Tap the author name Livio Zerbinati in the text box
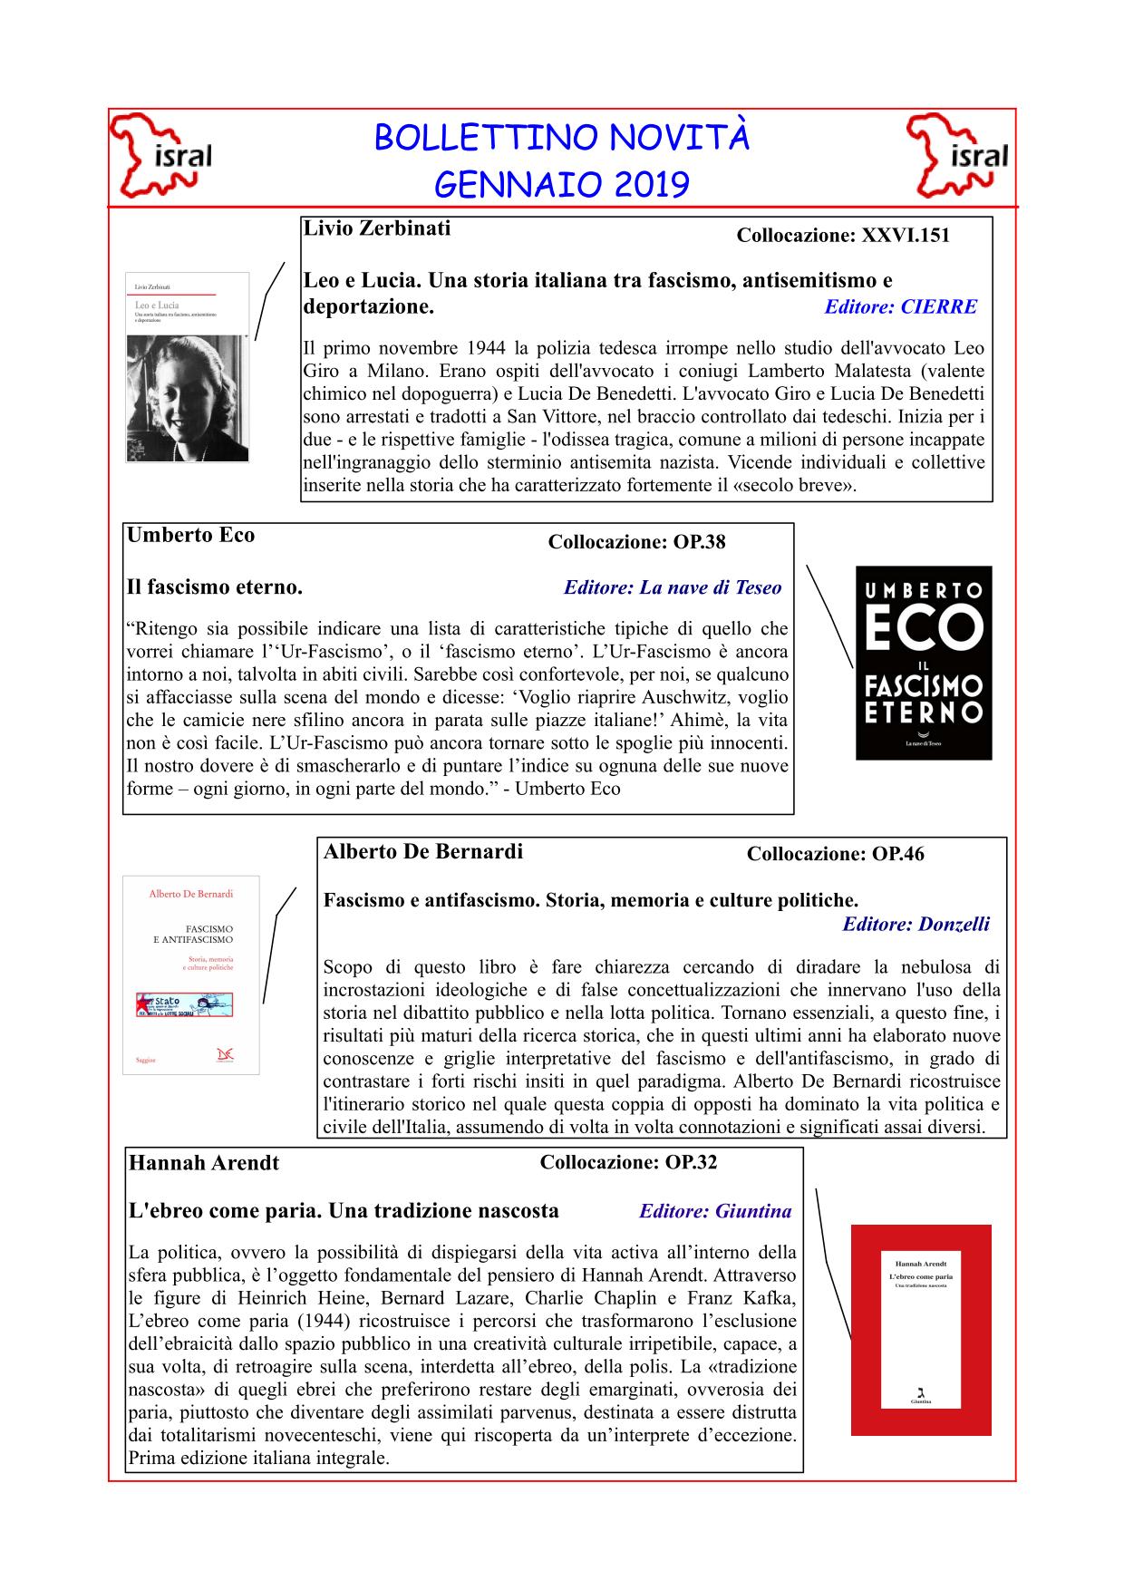(376, 228)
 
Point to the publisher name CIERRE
(939, 306)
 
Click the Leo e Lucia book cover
(187, 367)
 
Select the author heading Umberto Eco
(191, 535)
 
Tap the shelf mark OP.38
(699, 542)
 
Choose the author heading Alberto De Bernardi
(423, 852)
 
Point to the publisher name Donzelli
(954, 925)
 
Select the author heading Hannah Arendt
(204, 1163)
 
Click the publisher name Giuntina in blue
(753, 1211)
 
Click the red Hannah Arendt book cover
(920, 1330)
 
